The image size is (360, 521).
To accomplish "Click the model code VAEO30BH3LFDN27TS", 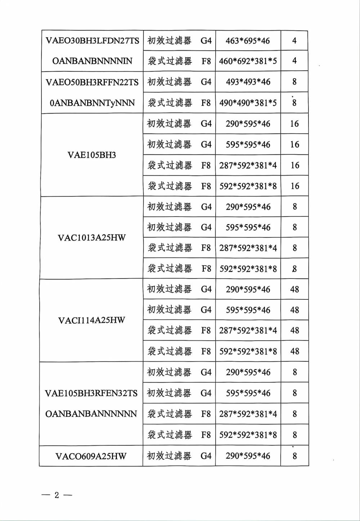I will coord(92,40).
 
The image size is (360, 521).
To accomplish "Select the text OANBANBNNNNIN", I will coord(92,61).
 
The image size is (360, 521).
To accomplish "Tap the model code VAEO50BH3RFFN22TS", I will coord(92,82).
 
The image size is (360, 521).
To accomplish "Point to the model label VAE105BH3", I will coord(92,155).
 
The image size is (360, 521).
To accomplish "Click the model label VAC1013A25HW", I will coord(92,238).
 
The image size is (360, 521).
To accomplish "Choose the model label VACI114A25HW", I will coord(92,320).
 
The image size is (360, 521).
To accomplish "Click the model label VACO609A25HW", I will coord(91,456).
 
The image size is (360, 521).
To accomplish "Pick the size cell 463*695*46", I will coord(248,41).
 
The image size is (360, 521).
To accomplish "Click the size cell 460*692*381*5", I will coord(248,61).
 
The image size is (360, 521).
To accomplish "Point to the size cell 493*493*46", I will coord(248,82).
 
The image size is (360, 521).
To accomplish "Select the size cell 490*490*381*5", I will coord(248,103).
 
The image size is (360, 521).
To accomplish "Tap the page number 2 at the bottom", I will coord(57,495).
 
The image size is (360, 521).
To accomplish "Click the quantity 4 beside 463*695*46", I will coord(294,41).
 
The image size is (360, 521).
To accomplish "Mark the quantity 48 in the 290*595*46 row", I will coord(294,289).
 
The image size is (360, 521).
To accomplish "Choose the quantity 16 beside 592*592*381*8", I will coord(294,186).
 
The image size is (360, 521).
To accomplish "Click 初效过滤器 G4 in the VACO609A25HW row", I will coord(179,456).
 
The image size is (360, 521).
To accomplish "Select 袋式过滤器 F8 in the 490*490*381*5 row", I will coord(179,103).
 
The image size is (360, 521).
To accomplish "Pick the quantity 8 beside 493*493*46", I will coord(294,82).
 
